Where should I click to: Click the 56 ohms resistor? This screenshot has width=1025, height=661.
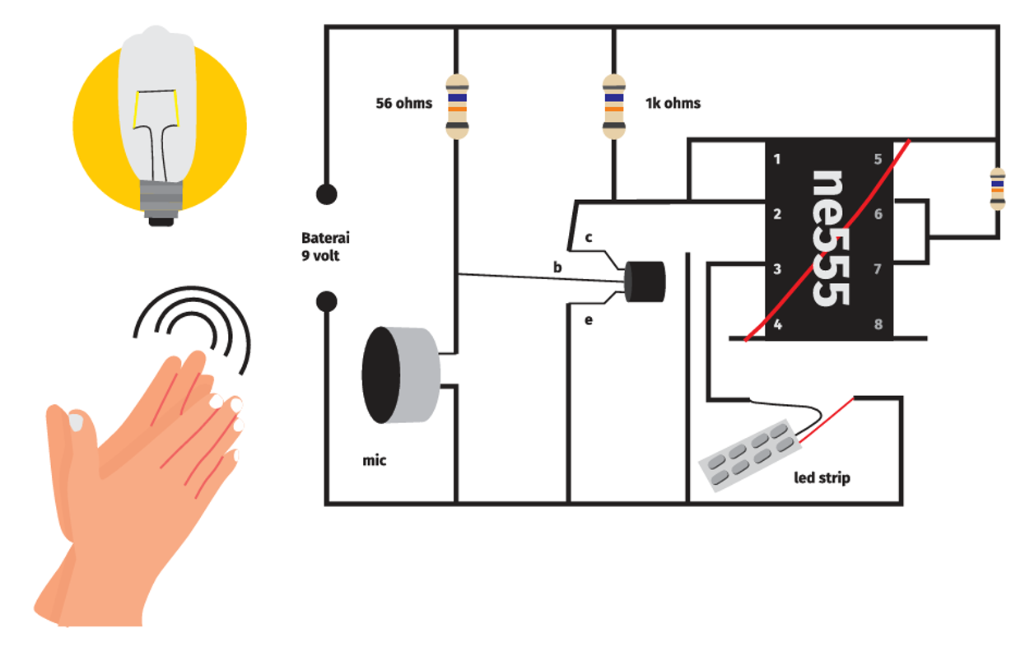pos(457,106)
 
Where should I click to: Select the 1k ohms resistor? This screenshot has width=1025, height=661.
pos(613,106)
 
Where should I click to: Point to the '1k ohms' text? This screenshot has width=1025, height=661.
pos(673,104)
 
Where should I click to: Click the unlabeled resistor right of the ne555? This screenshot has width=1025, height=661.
pos(997,189)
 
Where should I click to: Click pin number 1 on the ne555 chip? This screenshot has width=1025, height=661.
pos(777,159)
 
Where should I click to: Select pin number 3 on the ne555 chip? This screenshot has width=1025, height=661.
pos(777,269)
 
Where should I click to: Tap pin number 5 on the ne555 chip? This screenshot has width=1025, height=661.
pos(878,159)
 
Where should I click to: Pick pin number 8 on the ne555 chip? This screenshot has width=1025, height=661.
pos(878,324)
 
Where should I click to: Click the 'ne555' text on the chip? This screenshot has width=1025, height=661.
pos(828,239)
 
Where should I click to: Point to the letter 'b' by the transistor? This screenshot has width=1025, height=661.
pos(557,268)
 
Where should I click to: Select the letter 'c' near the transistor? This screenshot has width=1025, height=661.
pos(589,238)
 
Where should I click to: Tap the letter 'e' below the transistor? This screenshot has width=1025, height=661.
pos(589,320)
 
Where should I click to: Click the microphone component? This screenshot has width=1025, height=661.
pos(400,375)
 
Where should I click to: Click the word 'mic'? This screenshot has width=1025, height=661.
pos(374,460)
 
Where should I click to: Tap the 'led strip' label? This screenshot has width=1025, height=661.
pos(822,477)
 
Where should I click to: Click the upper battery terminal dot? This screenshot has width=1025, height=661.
pos(327,195)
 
